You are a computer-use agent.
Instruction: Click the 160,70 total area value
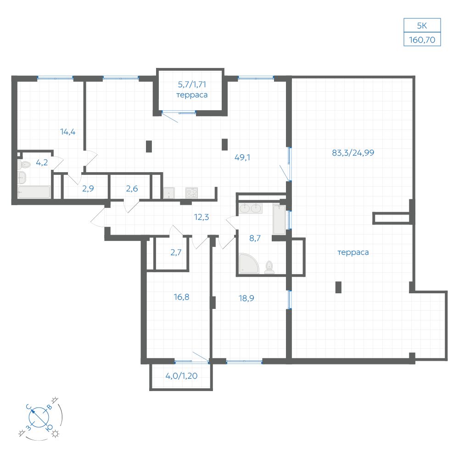click(x=422, y=40)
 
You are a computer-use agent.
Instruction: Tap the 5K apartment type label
click(x=422, y=26)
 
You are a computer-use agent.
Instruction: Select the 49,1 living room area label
click(x=242, y=157)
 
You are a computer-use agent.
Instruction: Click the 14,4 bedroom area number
click(x=67, y=132)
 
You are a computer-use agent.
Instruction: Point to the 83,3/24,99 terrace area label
click(x=353, y=153)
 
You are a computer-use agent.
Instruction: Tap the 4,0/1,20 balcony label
click(x=181, y=376)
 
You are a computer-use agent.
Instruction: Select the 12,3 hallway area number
click(x=202, y=217)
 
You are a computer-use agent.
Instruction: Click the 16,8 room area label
click(x=181, y=297)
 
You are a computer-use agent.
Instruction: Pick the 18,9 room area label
click(x=246, y=298)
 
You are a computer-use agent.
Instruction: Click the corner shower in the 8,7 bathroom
click(x=248, y=263)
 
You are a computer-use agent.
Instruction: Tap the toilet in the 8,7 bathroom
click(x=269, y=268)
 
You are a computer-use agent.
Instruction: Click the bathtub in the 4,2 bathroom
click(x=34, y=192)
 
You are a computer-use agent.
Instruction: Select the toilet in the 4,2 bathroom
click(x=24, y=164)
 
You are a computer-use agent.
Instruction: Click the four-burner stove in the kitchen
click(x=191, y=193)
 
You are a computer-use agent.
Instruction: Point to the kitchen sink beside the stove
click(x=169, y=193)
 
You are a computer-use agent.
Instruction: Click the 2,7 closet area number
click(x=176, y=252)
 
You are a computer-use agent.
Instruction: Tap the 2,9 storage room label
click(x=88, y=189)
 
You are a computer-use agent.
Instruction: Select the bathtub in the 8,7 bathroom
click(x=279, y=219)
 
